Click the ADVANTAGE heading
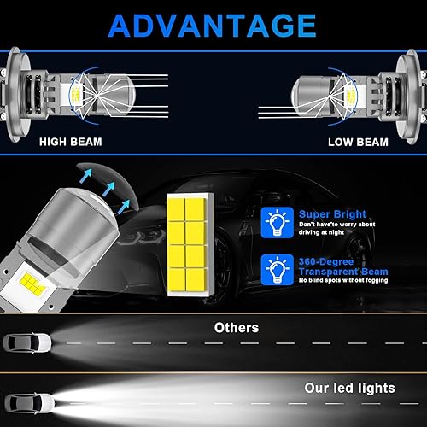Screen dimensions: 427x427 [212, 26]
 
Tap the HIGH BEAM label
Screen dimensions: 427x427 [71, 142]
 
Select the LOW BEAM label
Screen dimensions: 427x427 [358, 142]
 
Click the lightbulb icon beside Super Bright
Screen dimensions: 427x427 [278, 222]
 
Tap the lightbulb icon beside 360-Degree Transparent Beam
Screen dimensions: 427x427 [278, 270]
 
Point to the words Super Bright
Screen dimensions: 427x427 [332, 214]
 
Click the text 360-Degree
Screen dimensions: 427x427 [326, 261]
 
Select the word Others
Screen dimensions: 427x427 [237, 328]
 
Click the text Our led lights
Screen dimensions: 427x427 [350, 388]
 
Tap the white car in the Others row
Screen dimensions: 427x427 [27, 343]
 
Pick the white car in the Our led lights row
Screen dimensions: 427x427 [29, 404]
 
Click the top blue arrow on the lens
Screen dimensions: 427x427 [86, 175]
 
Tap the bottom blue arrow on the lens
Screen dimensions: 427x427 [124, 207]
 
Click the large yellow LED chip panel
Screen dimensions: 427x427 [190, 245]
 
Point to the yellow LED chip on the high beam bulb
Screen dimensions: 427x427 [76, 96]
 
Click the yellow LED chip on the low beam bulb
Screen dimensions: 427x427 [351, 96]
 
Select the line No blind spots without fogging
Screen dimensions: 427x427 [343, 280]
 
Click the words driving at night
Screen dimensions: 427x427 [321, 232]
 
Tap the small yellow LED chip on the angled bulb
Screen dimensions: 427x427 [32, 285]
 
